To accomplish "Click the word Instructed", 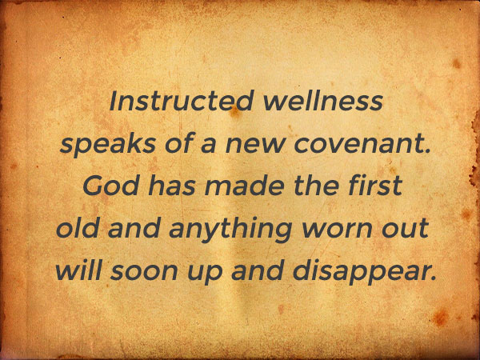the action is (x=182, y=101).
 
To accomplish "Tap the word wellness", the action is (x=322, y=101).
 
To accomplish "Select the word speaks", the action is (x=108, y=145).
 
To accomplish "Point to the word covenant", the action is (x=359, y=144).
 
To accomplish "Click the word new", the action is (x=254, y=146).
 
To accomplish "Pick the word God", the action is (x=110, y=186).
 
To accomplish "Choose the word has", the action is (x=172, y=186).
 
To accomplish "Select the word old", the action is (x=78, y=228).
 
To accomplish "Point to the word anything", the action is (x=230, y=230).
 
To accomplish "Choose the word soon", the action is (x=144, y=273).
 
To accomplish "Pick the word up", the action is (x=205, y=274).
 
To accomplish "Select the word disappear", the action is (x=361, y=273).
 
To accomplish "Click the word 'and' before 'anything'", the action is (x=134, y=228).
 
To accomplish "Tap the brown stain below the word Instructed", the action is (x=235, y=113).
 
